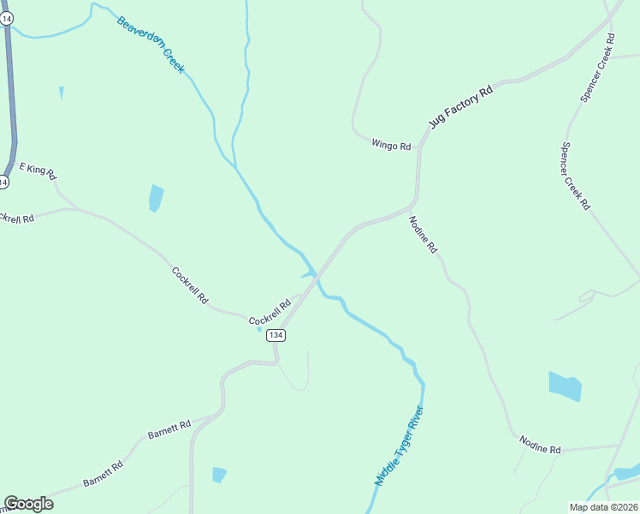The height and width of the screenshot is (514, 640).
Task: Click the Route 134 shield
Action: [275, 335]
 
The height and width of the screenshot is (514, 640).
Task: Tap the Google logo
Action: [28, 504]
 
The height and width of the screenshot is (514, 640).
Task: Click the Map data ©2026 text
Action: [603, 507]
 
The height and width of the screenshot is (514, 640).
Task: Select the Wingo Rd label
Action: [391, 145]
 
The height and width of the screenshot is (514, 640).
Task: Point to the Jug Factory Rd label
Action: [462, 106]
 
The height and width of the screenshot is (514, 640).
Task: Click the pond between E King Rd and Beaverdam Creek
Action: [156, 198]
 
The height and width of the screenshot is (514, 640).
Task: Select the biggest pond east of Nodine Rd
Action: [565, 386]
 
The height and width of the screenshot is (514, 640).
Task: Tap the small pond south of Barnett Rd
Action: [219, 475]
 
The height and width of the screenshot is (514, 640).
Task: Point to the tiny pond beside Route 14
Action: [61, 93]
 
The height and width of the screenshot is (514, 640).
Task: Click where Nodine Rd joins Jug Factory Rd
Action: [411, 208]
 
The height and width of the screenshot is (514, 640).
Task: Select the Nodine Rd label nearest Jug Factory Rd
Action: [424, 234]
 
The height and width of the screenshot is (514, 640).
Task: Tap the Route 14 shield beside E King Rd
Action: [4, 182]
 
